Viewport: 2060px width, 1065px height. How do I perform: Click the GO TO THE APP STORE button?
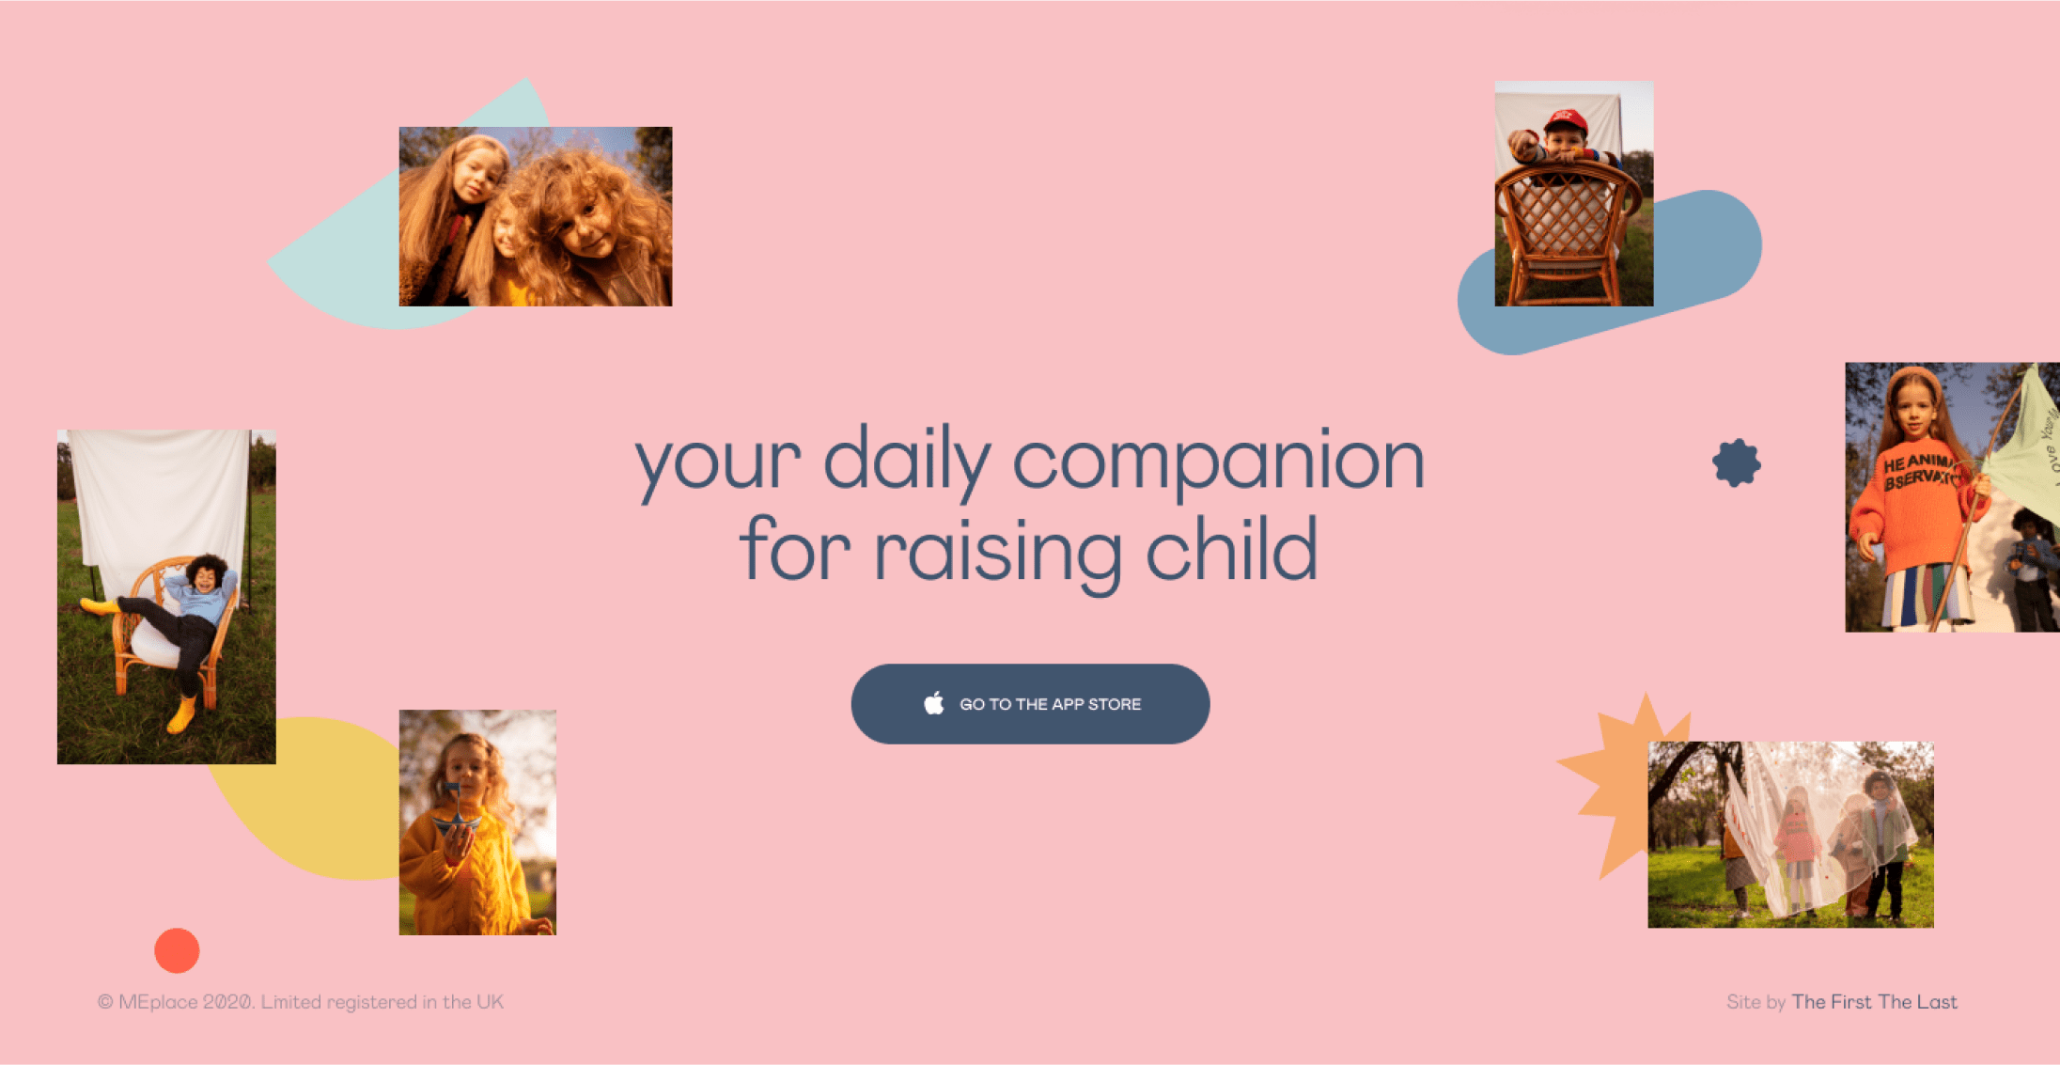pos(1030,704)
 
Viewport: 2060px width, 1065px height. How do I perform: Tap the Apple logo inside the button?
pos(933,703)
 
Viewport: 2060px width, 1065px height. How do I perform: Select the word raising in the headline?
pos(998,555)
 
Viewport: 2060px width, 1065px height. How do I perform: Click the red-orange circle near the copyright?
pos(177,950)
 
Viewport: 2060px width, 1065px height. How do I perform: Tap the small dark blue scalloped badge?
pos(1736,462)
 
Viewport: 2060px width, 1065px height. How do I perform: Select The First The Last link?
pos(1874,1002)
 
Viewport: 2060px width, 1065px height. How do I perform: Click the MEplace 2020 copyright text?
pos(301,1002)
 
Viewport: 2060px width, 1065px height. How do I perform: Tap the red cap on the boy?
pos(1566,121)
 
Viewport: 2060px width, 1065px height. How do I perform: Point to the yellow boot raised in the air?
pos(100,605)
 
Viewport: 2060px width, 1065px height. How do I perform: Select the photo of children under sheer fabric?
pos(1790,835)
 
